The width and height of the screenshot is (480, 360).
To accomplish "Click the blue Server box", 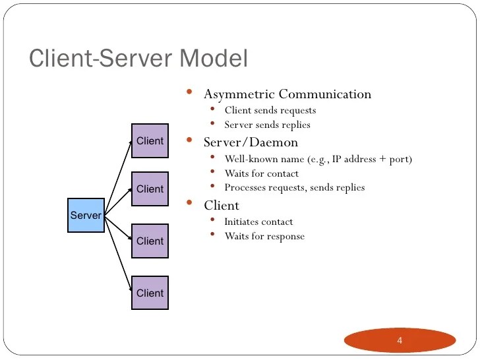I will [86, 215].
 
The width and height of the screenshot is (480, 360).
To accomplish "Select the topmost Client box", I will [150, 140].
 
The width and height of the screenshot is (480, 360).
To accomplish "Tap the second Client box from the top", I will [150, 189].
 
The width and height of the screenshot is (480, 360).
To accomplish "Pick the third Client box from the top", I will [150, 241].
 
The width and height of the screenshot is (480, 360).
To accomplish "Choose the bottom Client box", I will [150, 293].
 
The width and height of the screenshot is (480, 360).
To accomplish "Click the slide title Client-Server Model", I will [138, 58].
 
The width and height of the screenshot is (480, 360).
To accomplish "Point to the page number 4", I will [400, 341].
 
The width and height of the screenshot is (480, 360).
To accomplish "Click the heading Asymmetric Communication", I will [287, 94].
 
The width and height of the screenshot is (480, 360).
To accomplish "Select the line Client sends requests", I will [270, 110].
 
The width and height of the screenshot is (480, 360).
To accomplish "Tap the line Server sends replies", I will [267, 125].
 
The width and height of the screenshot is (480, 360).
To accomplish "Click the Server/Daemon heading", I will [251, 142].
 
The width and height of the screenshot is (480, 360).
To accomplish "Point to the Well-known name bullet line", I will [318, 159].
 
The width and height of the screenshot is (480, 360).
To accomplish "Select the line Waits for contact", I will [261, 173].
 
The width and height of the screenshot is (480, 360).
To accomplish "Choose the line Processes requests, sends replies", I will [294, 188].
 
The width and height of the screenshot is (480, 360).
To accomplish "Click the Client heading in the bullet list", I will [222, 206].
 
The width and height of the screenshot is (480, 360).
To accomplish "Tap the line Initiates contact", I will [258, 222].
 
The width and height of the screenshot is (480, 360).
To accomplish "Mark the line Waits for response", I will [264, 236].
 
